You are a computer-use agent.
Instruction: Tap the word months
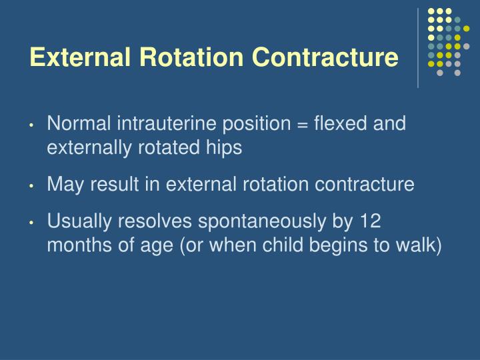coord(74,245)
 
